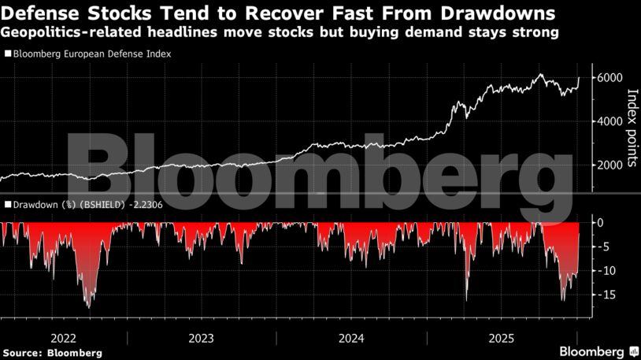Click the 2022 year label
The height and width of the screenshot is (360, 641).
(63, 338)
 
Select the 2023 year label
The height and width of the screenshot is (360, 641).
(201, 338)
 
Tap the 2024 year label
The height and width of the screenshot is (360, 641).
(352, 338)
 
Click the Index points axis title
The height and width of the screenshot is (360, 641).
(632, 129)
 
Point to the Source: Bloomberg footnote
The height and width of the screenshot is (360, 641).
(52, 353)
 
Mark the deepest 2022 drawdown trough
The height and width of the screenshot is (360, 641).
(87, 306)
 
